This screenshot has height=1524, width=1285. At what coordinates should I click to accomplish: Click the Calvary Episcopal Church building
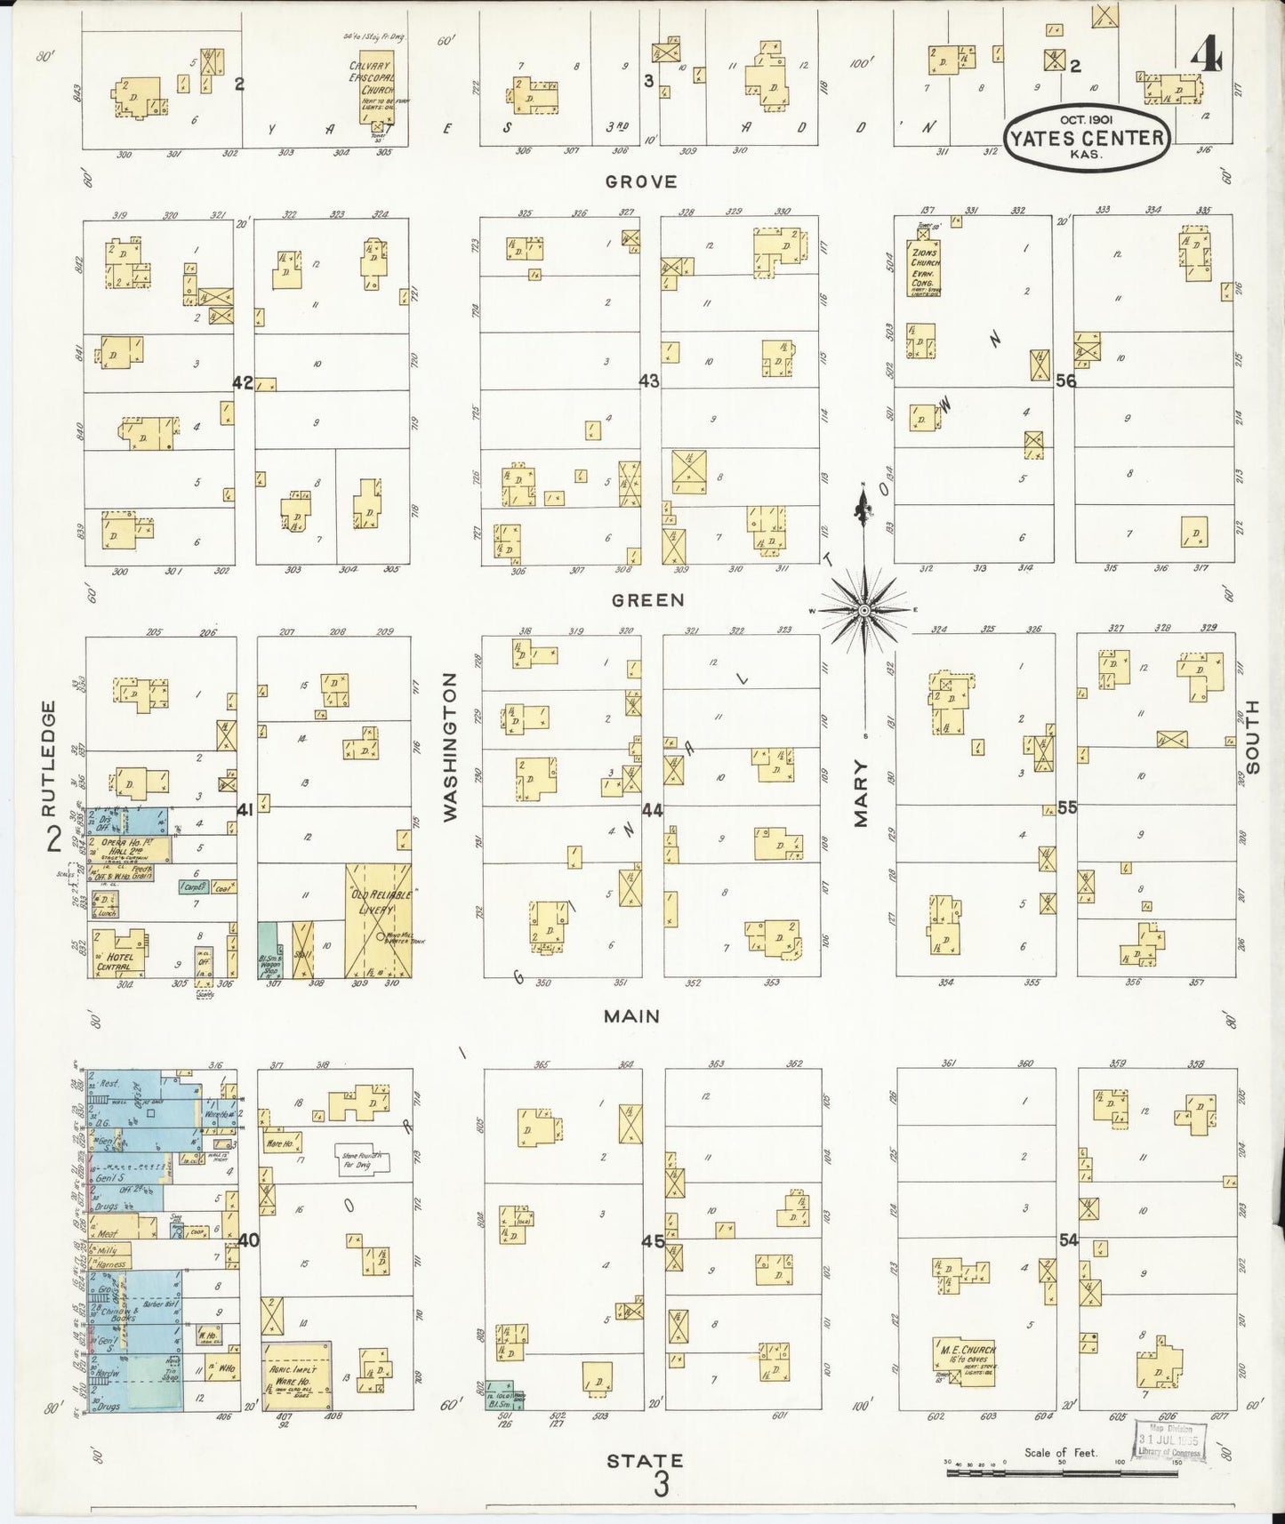pos(372,86)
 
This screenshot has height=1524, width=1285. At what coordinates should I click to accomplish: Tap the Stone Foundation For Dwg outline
pos(361,1159)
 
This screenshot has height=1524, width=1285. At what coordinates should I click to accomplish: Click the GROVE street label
pos(640,181)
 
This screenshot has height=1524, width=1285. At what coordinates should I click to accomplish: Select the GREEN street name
pos(647,600)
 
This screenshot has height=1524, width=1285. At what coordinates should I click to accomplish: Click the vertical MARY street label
pos(861,793)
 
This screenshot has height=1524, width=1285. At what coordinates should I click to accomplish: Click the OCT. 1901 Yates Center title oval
pos(1087,137)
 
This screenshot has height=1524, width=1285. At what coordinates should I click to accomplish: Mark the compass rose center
pos(863,610)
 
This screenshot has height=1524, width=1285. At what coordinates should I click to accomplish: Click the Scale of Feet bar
pos(1063,1472)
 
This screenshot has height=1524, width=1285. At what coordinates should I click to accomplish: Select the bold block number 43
pos(649,381)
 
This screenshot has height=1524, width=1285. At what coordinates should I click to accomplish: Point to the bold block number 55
pos(1067,807)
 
